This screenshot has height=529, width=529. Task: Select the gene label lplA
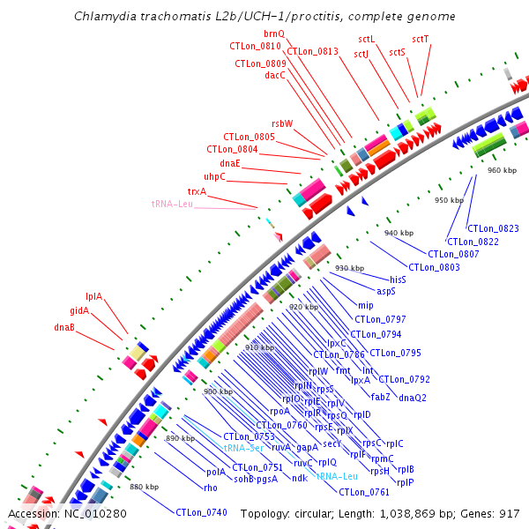click(x=93, y=296)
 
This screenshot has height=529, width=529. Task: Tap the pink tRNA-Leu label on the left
click(x=172, y=205)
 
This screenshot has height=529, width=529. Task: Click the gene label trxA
click(x=197, y=191)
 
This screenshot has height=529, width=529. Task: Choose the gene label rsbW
click(x=282, y=123)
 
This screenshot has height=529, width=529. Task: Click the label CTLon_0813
click(x=312, y=51)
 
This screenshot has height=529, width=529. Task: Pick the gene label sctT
click(x=421, y=39)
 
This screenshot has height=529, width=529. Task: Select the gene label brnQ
click(x=274, y=33)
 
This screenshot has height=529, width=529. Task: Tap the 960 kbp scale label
click(x=502, y=170)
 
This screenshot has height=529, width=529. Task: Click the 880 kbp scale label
click(x=144, y=487)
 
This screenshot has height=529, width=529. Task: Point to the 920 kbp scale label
click(x=302, y=307)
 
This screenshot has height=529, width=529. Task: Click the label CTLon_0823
click(x=488, y=229)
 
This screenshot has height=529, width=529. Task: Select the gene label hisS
click(x=398, y=279)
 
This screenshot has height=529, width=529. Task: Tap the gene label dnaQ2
click(x=413, y=398)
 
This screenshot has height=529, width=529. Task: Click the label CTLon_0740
click(x=201, y=512)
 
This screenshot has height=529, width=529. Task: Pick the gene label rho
click(x=210, y=487)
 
